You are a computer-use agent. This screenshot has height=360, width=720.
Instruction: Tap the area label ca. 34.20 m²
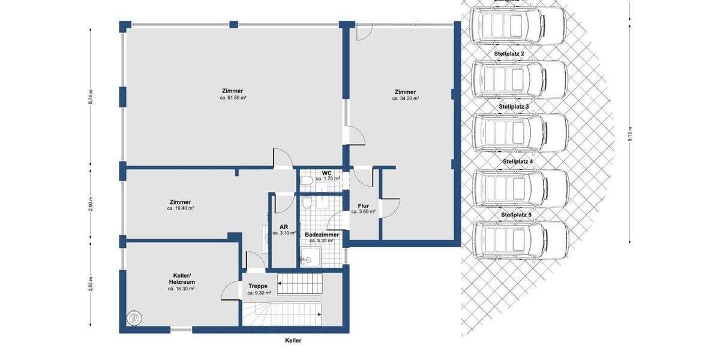pyautogui.click(x=406, y=98)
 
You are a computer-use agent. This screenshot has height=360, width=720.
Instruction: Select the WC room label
pyautogui.click(x=327, y=173)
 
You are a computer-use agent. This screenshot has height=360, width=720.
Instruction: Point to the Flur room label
pyautogui.click(x=363, y=205)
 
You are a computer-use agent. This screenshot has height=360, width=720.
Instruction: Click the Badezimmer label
pyautogui.click(x=322, y=235)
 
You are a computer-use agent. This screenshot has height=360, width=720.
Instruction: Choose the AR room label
pyautogui.click(x=284, y=227)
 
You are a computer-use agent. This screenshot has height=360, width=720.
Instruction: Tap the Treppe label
pyautogui.click(x=259, y=286)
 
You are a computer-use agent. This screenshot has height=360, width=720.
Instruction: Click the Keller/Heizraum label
pyautogui.click(x=181, y=278)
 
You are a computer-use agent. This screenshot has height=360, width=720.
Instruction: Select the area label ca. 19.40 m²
pyautogui.click(x=181, y=208)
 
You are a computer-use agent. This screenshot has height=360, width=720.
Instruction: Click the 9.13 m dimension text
pyautogui.click(x=629, y=133)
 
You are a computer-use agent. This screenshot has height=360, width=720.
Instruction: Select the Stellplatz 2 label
pyautogui.click(x=509, y=54)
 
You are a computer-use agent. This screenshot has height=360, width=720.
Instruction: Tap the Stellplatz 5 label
pyautogui.click(x=516, y=214)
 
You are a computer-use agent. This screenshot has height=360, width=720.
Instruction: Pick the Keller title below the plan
pyautogui.click(x=293, y=340)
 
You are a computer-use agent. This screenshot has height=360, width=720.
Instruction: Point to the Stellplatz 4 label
pyautogui.click(x=517, y=161)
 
